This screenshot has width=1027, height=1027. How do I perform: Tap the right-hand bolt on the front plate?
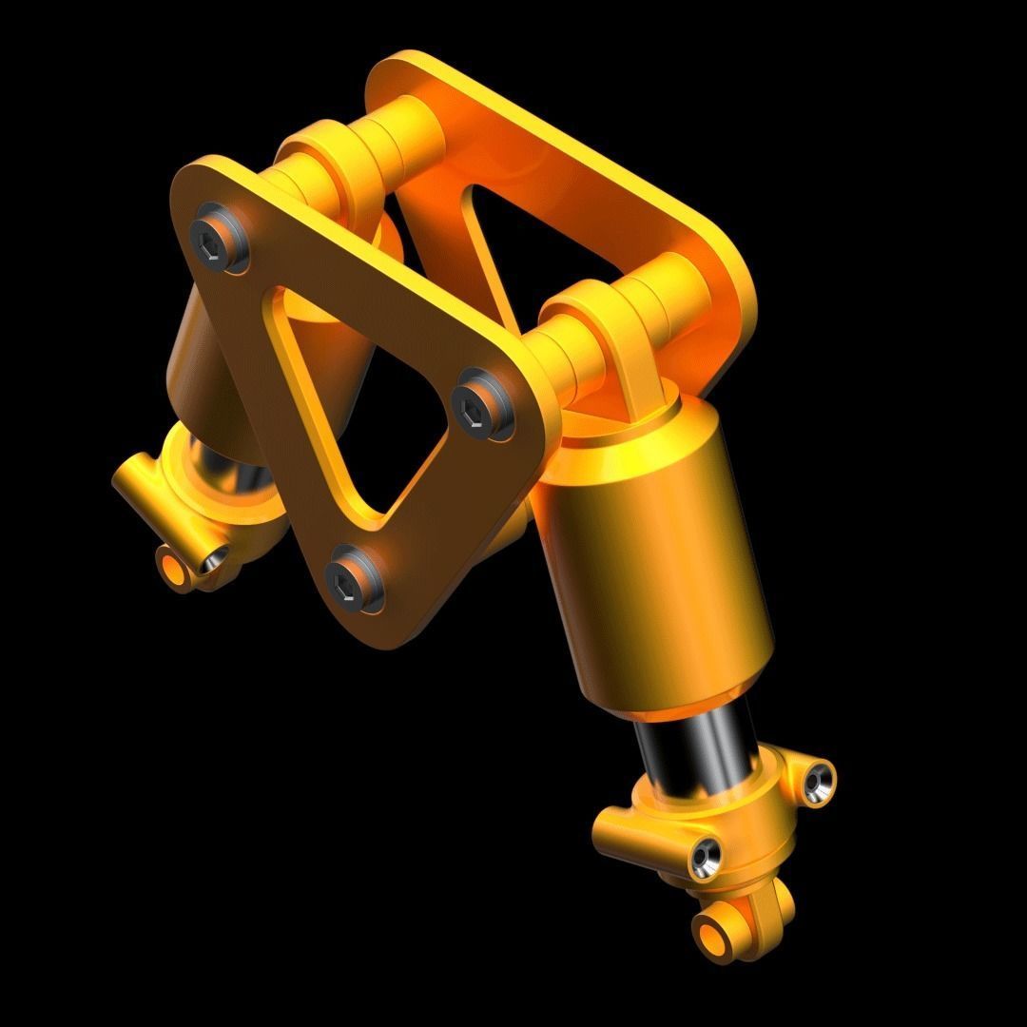[x=480, y=412]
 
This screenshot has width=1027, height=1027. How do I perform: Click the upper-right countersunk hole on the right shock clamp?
[x=817, y=781]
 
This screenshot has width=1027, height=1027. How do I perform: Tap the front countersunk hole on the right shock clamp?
[x=704, y=857]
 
